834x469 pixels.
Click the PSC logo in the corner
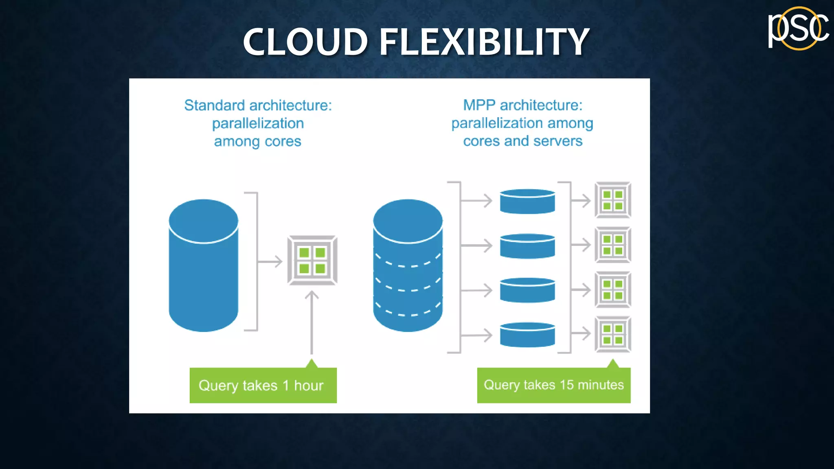(798, 28)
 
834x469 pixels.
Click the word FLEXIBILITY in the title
(484, 42)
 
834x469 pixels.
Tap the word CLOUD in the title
(305, 42)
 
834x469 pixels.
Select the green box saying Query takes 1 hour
(263, 385)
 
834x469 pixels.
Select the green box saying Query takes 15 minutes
(553, 385)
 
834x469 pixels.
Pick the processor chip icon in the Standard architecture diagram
(312, 260)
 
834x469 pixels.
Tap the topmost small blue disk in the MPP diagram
(527, 202)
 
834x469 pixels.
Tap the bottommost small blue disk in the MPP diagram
(527, 335)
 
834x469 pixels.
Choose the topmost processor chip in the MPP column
(613, 200)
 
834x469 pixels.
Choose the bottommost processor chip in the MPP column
(613, 334)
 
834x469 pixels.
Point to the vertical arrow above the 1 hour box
(312, 322)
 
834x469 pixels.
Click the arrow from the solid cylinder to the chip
(270, 261)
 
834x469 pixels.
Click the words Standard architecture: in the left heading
(258, 105)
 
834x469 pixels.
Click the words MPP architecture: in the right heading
(522, 105)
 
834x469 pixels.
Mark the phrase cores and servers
(522, 141)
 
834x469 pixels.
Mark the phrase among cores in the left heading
(257, 141)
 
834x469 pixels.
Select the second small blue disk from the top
(527, 246)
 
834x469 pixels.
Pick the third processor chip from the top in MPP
(613, 289)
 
